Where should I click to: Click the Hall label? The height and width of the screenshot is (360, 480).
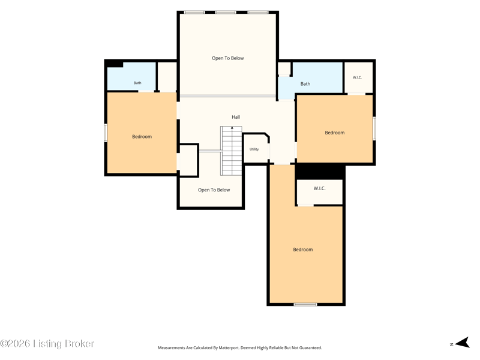[x=236, y=117]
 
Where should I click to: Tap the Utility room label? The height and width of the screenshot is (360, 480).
[x=254, y=149]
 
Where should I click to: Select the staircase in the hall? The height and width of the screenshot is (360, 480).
[x=232, y=151]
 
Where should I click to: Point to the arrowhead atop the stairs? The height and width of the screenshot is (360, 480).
[x=232, y=127]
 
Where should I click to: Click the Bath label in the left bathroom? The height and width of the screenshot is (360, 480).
[x=137, y=83]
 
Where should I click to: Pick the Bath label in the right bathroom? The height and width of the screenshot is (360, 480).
[x=305, y=84]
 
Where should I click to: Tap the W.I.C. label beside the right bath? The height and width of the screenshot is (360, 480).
[x=357, y=77]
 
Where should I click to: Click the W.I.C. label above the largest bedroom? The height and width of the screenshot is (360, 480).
[x=319, y=188]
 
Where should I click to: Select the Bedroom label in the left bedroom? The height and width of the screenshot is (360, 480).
[x=142, y=137]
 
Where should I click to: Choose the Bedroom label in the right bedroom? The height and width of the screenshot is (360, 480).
[x=335, y=133]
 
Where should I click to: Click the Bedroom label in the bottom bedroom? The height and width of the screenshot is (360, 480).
[x=303, y=250]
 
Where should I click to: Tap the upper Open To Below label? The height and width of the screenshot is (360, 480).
[x=228, y=58]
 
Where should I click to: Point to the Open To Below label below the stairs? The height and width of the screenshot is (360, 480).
[x=214, y=190]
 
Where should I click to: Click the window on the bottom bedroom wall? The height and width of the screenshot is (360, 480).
[x=305, y=304]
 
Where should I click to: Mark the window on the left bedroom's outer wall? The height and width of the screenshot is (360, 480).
[x=106, y=133]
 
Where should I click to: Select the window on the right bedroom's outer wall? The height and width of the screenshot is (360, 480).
[x=374, y=128]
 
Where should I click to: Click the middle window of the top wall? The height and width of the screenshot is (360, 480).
[x=226, y=12]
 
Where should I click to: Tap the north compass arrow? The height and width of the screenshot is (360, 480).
[x=463, y=343]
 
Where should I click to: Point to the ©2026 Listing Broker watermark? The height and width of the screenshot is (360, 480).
[x=47, y=343]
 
